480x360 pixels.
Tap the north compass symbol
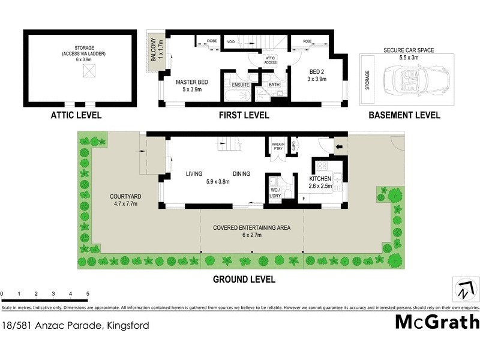click(463, 289)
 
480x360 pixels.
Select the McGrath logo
click(437, 322)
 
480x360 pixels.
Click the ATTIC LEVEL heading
click(77, 115)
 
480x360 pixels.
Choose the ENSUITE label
click(236, 85)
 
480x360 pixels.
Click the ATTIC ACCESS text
click(270, 60)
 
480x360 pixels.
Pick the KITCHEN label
click(320, 179)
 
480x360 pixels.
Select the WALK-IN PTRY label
click(278, 146)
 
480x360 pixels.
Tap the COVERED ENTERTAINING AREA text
click(252, 228)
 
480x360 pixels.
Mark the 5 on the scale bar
click(88, 293)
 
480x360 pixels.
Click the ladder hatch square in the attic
click(88, 71)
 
